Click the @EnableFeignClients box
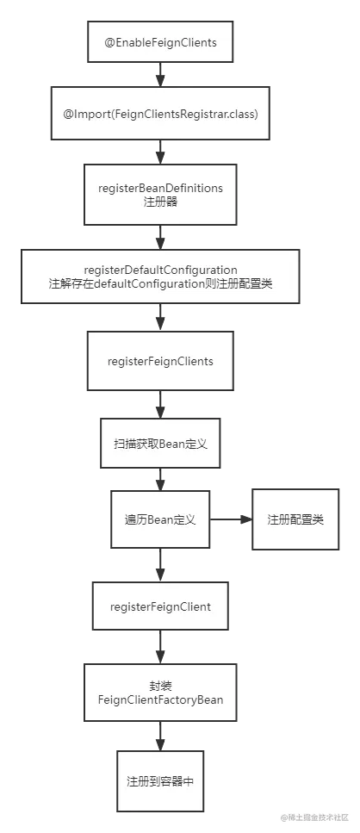160,41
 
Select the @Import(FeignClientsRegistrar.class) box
160,113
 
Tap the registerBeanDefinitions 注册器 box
160,194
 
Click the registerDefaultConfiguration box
161,277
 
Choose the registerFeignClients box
160,361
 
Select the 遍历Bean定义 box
160,520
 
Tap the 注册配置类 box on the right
295,520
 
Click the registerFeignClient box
160,606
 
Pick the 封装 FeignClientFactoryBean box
160,693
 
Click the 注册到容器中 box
160,780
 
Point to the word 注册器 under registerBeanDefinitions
160,202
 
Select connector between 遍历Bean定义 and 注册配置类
230,520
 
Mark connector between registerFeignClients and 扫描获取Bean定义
160,405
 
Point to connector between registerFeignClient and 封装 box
160,649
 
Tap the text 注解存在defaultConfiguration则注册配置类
161,283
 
